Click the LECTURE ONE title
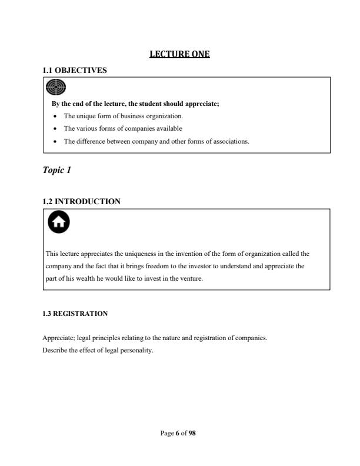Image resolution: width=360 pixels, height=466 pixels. pyautogui.click(x=180, y=54)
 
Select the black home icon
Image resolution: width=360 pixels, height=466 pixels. pyautogui.click(x=57, y=222)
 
